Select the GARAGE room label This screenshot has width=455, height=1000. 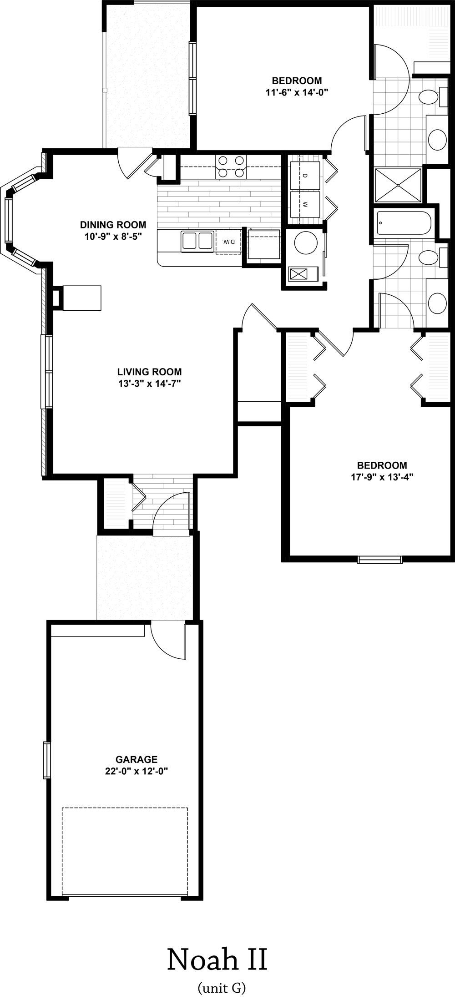tap(136, 759)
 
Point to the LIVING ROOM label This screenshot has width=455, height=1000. tap(149, 371)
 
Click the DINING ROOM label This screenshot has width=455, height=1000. tap(113, 225)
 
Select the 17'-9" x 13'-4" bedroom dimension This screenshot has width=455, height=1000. tap(382, 477)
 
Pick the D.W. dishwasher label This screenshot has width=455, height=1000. tap(229, 242)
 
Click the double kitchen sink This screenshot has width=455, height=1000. tap(197, 241)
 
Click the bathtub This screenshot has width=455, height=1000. tap(403, 222)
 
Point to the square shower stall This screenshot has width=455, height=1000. tap(398, 185)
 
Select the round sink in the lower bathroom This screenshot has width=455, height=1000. tap(438, 301)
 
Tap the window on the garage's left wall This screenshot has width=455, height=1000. tap(46, 759)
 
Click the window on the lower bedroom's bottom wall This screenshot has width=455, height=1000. tap(380, 559)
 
